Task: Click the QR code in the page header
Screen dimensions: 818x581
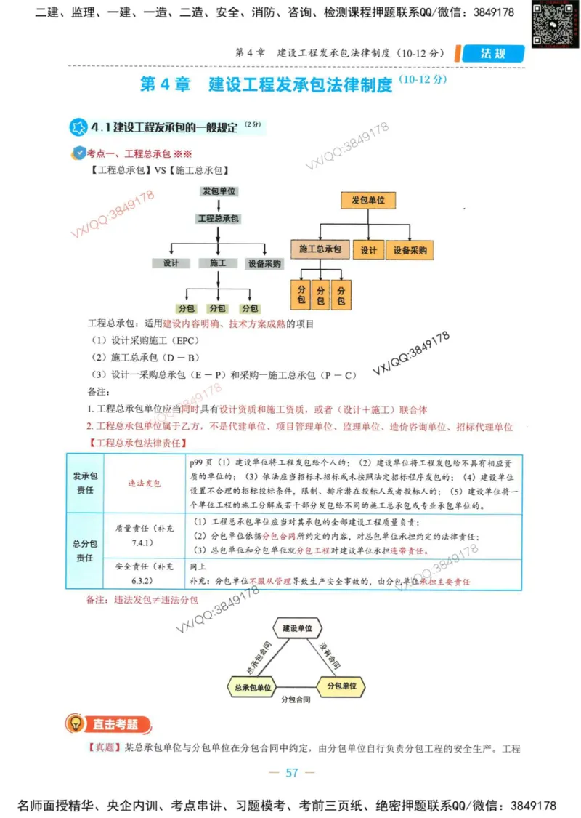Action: click(x=550, y=24)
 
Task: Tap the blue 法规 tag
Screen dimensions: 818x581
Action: click(x=492, y=54)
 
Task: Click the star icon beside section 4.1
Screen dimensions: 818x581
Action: click(x=78, y=128)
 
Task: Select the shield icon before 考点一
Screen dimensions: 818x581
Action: click(x=80, y=153)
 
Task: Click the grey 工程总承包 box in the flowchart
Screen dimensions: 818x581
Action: click(x=218, y=218)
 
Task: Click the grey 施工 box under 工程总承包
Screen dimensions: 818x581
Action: click(x=218, y=263)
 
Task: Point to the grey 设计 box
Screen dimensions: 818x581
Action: click(x=171, y=263)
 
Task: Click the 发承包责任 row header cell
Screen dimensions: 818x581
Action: click(x=85, y=482)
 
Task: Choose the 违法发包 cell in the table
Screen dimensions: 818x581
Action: click(x=145, y=482)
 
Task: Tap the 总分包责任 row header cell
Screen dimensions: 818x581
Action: click(x=85, y=550)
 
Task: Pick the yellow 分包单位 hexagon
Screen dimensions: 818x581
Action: click(x=341, y=686)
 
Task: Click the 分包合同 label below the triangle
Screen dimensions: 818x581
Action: click(x=296, y=699)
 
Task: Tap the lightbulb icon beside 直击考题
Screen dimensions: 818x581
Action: click(x=75, y=724)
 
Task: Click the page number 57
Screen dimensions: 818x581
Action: click(x=292, y=772)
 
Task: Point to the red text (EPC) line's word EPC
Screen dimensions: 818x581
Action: click(x=186, y=340)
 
